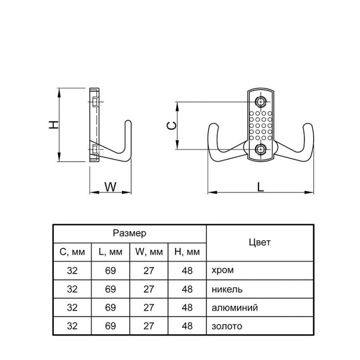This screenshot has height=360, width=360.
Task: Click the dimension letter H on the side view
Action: click(54, 125)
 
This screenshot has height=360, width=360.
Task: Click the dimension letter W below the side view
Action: click(110, 187)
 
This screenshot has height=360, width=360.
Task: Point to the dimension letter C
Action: click(172, 126)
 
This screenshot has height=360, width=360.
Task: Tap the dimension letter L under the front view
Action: click(260, 187)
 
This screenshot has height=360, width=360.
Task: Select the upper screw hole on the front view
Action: click(261, 102)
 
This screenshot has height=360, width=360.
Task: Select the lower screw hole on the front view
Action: click(261, 149)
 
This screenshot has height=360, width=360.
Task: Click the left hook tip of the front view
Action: click(213, 126)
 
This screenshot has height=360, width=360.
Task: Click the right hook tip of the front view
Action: click(308, 126)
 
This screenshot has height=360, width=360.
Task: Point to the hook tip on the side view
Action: click(128, 122)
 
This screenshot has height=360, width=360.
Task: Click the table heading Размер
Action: click(130, 233)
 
